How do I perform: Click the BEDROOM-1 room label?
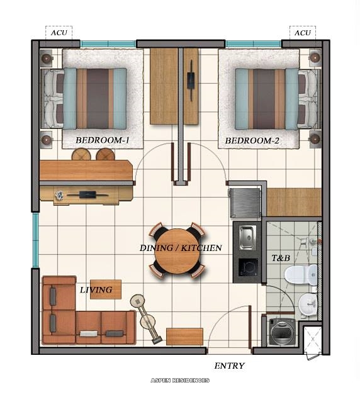pos(102,140)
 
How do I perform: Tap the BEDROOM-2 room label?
pos(252,140)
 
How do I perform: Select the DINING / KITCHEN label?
pos(181,248)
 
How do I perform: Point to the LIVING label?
pos(96,290)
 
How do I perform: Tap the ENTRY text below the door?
pos(229,366)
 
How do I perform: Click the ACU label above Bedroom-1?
pos(59,33)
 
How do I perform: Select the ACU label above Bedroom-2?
pos(303,33)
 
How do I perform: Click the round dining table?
pos(177,250)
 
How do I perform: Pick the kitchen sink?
pos(247,236)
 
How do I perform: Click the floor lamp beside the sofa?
pos(146,318)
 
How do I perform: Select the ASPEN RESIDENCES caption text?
pos(180,381)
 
